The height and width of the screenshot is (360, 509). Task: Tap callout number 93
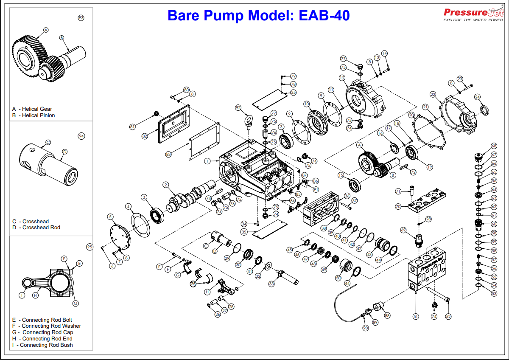(x=81, y=17)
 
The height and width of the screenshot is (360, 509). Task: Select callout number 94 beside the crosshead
(x=81, y=136)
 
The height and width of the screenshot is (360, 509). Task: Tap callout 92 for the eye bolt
(x=238, y=108)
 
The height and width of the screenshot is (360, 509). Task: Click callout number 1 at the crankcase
(x=207, y=161)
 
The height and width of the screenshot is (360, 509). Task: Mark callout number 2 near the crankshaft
(x=166, y=185)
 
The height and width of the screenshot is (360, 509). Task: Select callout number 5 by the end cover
(x=111, y=217)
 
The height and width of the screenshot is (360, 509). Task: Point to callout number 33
(x=271, y=283)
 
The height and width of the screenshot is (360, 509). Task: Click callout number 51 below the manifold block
(x=416, y=316)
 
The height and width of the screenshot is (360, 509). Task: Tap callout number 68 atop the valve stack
(x=494, y=146)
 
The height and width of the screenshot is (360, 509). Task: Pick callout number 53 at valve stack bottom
(x=494, y=293)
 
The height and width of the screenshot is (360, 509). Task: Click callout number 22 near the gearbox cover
(x=433, y=94)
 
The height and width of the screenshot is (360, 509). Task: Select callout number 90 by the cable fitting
(x=366, y=328)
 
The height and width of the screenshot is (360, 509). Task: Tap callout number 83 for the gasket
(x=168, y=155)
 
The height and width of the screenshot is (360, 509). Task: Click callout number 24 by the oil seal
(x=477, y=97)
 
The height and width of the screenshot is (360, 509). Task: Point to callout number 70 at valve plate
(x=398, y=207)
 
